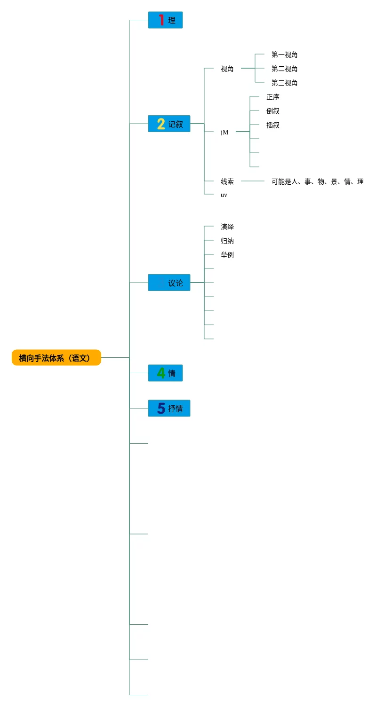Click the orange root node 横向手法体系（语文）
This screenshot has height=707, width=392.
tap(56, 358)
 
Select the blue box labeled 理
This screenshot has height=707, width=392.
tap(166, 20)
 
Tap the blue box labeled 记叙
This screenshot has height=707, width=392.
tap(169, 124)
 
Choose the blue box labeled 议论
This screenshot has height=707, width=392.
tap(169, 283)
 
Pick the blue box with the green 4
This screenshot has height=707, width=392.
tap(166, 373)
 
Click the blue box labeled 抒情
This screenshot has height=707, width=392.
tap(169, 408)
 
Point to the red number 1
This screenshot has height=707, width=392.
tap(161, 20)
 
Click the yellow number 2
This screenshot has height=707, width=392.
tap(161, 124)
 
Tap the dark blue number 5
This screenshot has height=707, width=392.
tap(161, 408)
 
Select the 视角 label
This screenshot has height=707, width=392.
tap(227, 69)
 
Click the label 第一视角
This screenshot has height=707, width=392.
tap(284, 55)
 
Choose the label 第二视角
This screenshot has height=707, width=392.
tap(284, 69)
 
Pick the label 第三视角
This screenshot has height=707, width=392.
tap(284, 83)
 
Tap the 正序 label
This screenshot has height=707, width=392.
tap(273, 97)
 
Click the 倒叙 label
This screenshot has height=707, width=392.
tap(273, 111)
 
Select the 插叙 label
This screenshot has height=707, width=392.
tap(273, 125)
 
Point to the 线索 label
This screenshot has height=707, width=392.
tap(227, 181)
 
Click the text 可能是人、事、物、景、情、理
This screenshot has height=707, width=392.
tap(317, 181)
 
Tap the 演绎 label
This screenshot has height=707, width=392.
tap(227, 227)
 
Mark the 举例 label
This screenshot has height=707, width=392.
tap(227, 255)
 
